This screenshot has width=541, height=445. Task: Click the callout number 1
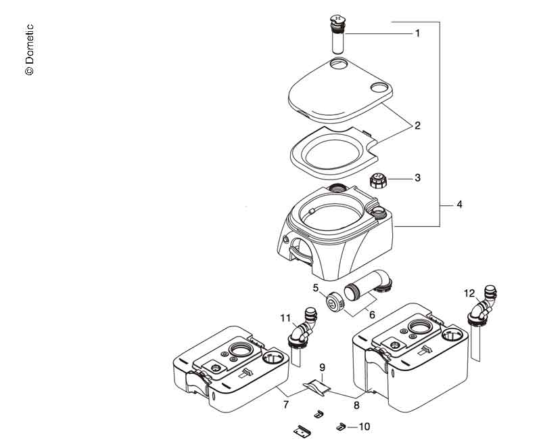click(x=417, y=33)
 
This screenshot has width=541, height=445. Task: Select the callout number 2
click(x=417, y=125)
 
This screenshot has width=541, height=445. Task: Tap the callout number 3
click(x=417, y=178)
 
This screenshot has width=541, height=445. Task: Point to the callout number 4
click(x=459, y=204)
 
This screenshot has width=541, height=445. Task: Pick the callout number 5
click(x=315, y=288)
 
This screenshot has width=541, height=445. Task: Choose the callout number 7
click(x=286, y=404)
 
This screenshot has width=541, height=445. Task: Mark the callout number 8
click(x=356, y=404)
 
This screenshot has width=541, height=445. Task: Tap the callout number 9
click(x=323, y=370)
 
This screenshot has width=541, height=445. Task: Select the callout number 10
click(x=364, y=427)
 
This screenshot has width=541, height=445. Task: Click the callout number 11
click(x=285, y=317)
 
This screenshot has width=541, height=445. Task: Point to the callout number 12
click(x=470, y=294)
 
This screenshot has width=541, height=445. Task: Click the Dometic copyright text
click(x=29, y=50)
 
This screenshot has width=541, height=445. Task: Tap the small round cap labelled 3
click(x=378, y=181)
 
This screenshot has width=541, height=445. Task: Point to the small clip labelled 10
click(x=342, y=426)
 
